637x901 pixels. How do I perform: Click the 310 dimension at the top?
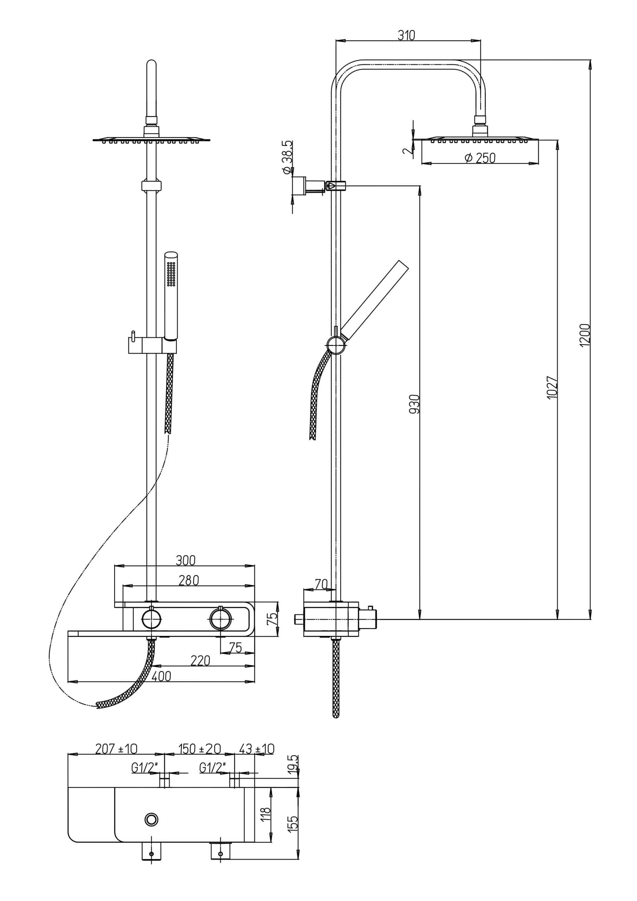tap(406, 35)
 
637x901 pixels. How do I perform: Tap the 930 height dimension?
tap(415, 404)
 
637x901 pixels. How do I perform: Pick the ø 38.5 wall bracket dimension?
tap(287, 157)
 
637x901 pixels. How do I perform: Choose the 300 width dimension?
tap(185, 560)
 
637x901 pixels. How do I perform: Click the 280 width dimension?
tap(189, 580)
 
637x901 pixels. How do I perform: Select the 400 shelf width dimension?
tap(161, 676)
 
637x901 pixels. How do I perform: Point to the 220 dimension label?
tap(200, 661)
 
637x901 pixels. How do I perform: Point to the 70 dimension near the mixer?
tap(321, 584)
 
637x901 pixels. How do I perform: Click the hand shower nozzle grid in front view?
tap(171, 274)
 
